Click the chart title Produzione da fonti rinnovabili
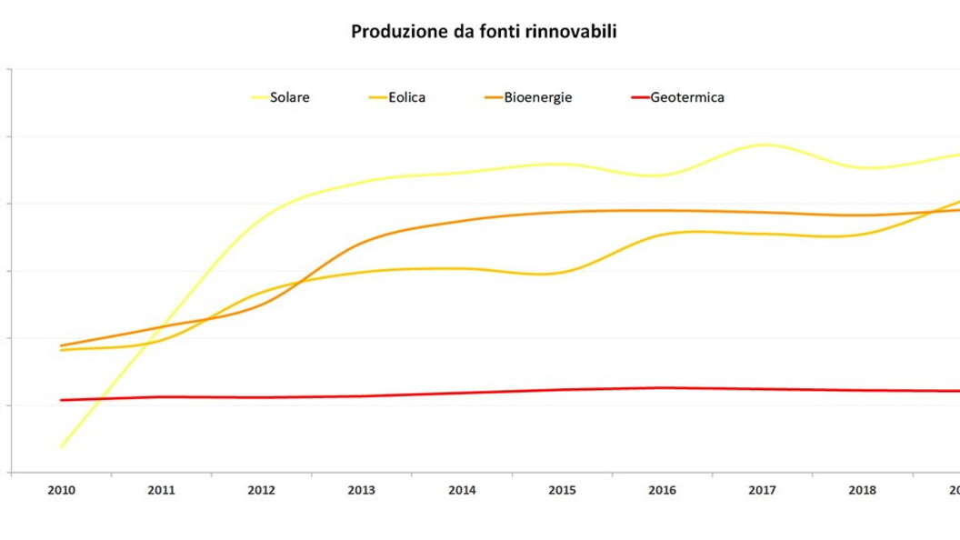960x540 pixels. click(484, 32)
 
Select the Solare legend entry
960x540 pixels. click(289, 97)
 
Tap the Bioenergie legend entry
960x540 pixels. click(537, 97)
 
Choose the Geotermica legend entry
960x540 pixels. click(686, 97)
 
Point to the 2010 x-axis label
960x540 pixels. click(62, 490)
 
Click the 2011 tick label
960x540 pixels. click(162, 490)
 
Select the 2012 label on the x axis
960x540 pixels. click(262, 490)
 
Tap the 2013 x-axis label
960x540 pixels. click(362, 490)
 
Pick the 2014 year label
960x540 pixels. click(462, 490)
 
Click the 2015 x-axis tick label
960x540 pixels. click(562, 490)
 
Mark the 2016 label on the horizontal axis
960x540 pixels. click(662, 490)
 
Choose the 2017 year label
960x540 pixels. click(762, 490)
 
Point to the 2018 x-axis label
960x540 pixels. click(862, 490)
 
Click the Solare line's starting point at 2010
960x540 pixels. click(62, 446)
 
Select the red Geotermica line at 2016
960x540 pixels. click(662, 388)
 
